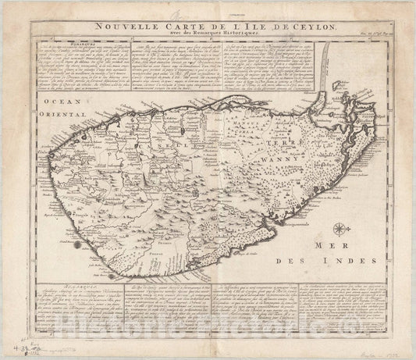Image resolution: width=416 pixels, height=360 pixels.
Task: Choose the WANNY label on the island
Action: (279, 166)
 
